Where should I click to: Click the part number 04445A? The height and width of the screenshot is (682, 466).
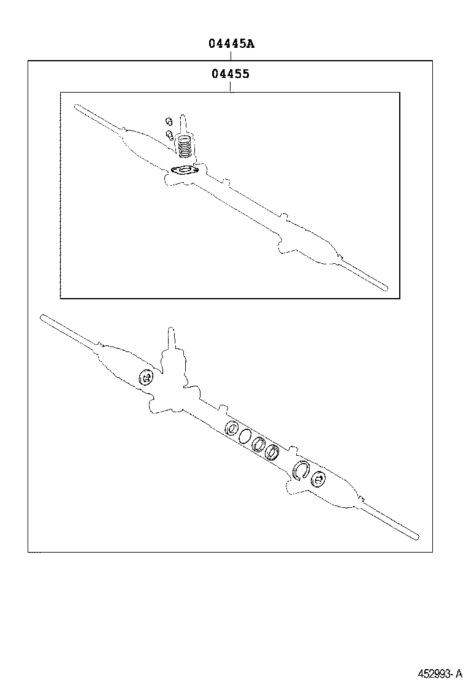tap(231, 44)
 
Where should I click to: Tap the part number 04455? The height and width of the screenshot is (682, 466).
tap(231, 74)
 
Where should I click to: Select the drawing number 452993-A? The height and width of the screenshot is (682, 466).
tap(440, 673)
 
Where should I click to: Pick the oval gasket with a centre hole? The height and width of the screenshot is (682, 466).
tap(185, 170)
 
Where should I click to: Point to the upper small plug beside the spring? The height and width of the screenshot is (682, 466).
tap(169, 121)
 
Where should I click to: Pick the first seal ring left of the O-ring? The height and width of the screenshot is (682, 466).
tap(231, 429)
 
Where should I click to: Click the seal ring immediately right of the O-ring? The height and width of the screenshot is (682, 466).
tap(259, 443)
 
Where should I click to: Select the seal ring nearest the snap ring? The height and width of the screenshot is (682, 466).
tap(273, 451)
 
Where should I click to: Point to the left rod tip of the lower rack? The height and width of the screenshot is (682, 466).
tap(42, 318)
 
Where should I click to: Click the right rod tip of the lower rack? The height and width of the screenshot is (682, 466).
tap(416, 536)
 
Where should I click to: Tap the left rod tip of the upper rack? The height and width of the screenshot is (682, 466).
tap(76, 106)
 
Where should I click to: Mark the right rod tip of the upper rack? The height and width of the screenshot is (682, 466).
tap(385, 287)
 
